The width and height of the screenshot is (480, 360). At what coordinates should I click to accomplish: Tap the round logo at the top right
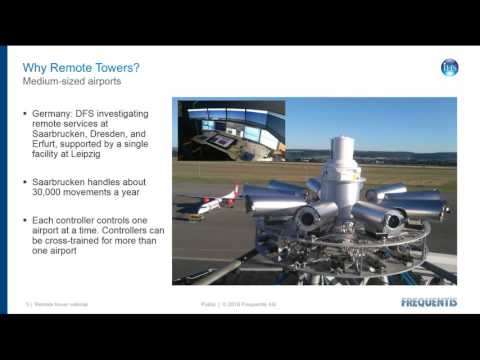click(x=449, y=68)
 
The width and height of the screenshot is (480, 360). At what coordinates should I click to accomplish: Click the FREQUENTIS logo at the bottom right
click(x=429, y=302)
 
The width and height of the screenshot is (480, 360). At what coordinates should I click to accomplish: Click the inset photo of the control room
click(x=231, y=129)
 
